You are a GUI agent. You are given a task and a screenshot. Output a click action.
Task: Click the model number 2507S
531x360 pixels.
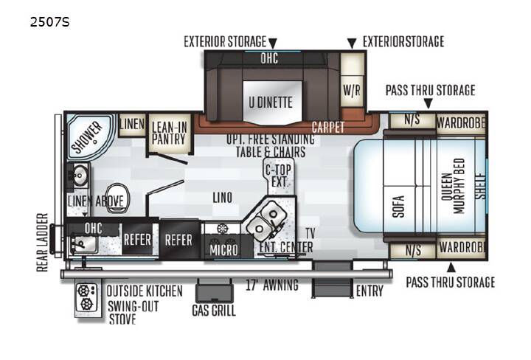click(49, 22)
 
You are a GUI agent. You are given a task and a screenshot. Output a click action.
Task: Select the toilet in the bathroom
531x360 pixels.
click(117, 198)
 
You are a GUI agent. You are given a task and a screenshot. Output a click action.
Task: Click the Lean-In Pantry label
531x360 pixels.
click(169, 133)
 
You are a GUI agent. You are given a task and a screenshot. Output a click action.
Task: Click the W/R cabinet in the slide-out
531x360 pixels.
click(352, 91)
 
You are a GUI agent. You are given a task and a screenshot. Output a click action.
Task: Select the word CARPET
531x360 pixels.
click(327, 128)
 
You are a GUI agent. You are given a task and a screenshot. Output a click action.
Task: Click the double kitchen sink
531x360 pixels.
click(265, 219)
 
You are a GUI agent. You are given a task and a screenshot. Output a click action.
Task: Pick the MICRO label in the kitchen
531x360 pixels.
click(224, 250)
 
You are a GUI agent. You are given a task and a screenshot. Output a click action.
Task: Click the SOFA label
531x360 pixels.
click(399, 207)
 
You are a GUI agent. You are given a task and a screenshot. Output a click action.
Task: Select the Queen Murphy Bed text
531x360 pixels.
click(453, 187)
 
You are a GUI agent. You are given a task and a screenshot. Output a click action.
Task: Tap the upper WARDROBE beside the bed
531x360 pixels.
click(461, 122)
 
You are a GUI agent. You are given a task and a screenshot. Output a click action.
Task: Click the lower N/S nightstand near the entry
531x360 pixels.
click(413, 251)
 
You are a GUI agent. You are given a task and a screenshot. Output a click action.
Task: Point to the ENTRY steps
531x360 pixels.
click(332, 280)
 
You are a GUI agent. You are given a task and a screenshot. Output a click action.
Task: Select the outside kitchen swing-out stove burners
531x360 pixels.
click(86, 298)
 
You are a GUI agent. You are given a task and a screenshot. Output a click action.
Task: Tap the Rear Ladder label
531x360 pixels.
click(42, 243)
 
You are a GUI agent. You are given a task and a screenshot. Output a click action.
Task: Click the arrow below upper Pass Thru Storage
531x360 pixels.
click(428, 103)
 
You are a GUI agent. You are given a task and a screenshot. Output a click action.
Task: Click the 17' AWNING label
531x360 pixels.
click(272, 285)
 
